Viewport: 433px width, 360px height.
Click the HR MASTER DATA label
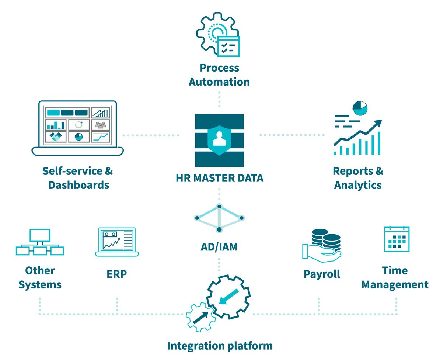click(219, 178)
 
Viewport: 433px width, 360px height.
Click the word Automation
click(219, 82)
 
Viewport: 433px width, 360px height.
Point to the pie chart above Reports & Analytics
click(360, 108)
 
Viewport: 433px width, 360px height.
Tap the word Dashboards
click(79, 185)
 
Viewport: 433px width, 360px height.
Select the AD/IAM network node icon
click(219, 218)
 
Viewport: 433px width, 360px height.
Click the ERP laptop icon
click(117, 242)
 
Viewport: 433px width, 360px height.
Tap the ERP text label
click(116, 274)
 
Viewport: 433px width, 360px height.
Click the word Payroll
click(322, 274)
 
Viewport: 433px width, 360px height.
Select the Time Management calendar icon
click(397, 239)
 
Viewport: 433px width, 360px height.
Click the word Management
click(395, 285)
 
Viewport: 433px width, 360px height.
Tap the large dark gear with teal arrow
click(228, 297)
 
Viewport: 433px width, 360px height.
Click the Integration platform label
click(220, 346)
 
